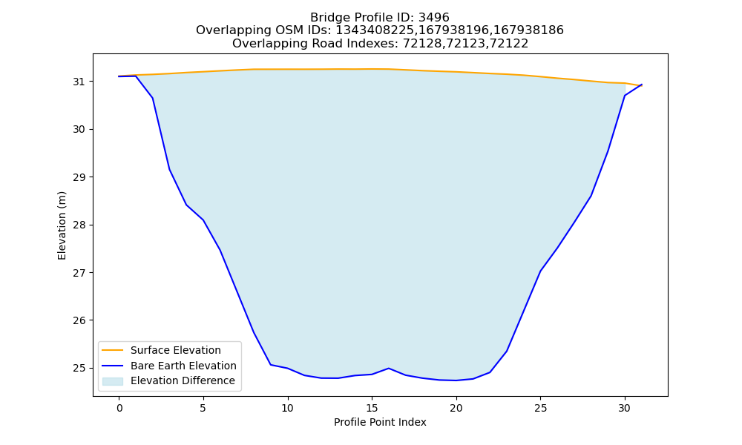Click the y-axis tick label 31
79,82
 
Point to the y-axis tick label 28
79,225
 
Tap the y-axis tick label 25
79,369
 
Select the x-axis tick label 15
372,409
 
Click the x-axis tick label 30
625,409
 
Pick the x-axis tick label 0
119,409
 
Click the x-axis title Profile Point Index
380,422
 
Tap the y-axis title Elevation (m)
62,225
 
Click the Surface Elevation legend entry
161,350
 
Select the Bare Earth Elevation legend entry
169,366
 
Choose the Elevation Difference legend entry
168,380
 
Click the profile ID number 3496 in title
434,18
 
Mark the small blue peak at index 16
389,368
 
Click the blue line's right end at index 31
642,85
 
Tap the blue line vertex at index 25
540,271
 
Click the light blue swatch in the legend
113,381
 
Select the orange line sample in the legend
113,350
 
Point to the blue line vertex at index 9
271,365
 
